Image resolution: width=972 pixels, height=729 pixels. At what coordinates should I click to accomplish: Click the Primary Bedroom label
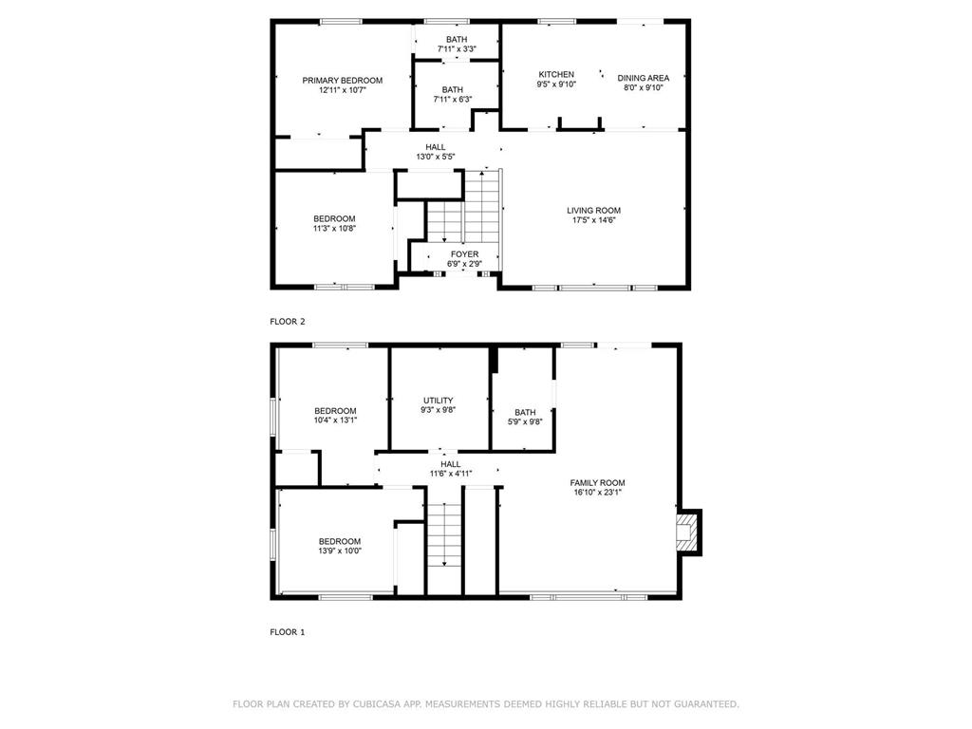(342, 80)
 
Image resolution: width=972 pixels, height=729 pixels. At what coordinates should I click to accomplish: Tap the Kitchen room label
(556, 74)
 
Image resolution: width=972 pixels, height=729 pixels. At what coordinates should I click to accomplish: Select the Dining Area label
(643, 78)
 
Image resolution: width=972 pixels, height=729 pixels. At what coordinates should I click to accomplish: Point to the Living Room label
(593, 210)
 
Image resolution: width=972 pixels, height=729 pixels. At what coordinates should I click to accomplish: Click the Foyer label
(464, 254)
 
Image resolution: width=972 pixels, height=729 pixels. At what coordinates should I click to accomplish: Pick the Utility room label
(439, 401)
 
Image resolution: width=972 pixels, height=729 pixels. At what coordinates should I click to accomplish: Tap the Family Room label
(598, 483)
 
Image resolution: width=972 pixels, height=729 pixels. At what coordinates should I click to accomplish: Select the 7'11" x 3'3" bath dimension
(457, 49)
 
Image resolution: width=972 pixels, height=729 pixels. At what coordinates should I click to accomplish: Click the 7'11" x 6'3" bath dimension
(453, 99)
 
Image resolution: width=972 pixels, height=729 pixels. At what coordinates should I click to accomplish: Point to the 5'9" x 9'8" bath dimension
(525, 422)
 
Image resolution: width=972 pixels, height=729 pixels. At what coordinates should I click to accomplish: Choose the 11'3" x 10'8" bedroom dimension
(334, 228)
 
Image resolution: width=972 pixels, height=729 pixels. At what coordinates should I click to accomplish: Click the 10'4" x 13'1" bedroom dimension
(335, 420)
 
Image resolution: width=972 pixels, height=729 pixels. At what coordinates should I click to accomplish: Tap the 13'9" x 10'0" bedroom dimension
(340, 551)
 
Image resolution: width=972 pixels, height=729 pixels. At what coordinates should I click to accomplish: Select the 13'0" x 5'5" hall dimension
(435, 157)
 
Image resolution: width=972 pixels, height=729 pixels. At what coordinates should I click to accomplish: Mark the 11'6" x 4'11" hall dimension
(451, 474)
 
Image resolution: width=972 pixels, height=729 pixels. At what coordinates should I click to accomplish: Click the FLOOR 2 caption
(287, 322)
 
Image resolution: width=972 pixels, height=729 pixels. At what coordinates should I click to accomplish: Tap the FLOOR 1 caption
(287, 632)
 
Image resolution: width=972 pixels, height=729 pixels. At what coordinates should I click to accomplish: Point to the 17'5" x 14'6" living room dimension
(593, 220)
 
